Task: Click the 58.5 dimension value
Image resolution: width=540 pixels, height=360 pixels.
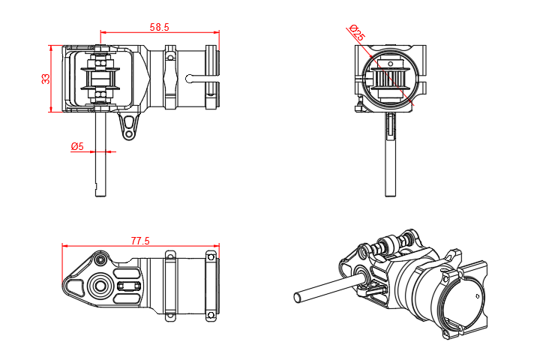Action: [159, 27]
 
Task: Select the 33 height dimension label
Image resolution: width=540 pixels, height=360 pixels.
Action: [46, 78]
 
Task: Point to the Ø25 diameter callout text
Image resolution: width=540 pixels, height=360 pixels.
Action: [357, 34]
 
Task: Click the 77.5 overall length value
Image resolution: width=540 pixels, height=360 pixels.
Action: [140, 241]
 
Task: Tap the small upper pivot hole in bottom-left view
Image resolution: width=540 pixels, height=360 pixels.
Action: [100, 259]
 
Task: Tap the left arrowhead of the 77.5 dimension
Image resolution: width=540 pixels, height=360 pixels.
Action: [64, 245]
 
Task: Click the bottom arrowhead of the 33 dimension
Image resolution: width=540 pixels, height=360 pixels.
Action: [51, 110]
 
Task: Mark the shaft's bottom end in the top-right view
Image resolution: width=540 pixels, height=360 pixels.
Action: [390, 196]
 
